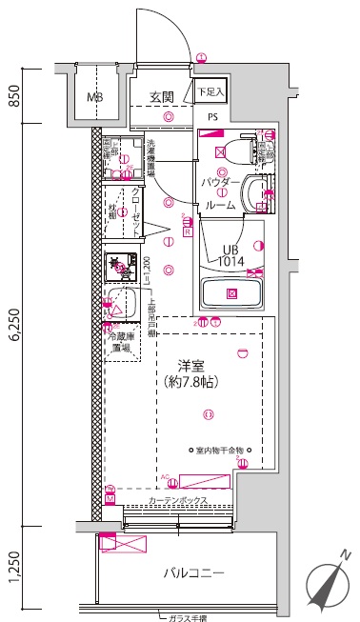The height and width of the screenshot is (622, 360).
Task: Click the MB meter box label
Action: pos(96,97)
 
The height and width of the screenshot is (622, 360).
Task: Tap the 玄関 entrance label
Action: pos(162,97)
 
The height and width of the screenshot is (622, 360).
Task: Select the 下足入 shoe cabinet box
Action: pos(210,92)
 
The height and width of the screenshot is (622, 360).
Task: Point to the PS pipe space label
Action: pos(210,117)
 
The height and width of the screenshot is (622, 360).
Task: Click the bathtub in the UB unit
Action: pos(231,292)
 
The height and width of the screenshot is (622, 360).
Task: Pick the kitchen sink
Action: pos(114,304)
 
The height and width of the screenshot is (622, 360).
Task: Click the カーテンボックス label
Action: pos(178,501)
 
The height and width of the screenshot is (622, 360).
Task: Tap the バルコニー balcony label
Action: pos(192,573)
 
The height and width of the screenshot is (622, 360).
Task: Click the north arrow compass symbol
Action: pos(328,583)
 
